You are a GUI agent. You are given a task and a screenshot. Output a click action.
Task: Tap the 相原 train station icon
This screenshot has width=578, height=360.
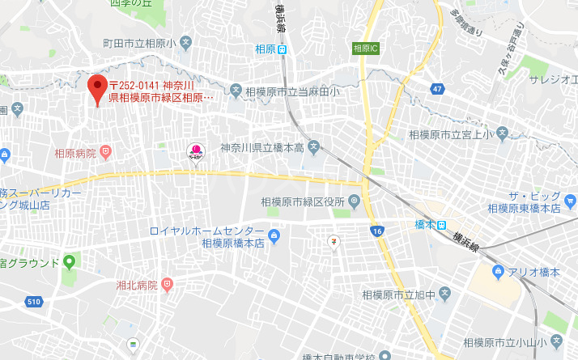point(282,49)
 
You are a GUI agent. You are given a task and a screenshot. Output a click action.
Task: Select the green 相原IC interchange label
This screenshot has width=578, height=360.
point(367,49)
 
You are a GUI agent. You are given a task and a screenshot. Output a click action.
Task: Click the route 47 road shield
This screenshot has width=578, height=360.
point(437,88)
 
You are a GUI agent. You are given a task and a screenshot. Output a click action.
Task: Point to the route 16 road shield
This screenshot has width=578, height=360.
point(378,231)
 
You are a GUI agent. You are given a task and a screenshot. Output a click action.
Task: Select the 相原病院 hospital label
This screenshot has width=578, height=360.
point(74,153)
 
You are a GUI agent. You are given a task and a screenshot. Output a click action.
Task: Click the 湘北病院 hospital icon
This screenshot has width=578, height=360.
point(168,285)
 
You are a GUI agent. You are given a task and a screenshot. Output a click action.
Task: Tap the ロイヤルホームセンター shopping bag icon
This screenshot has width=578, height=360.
point(274,237)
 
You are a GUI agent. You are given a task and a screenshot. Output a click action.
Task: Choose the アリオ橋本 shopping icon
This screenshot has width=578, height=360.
point(499,273)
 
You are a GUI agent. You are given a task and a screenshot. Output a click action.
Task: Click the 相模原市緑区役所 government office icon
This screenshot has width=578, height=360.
point(355,201)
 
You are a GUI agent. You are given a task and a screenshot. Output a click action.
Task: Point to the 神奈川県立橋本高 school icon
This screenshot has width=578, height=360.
point(314,148)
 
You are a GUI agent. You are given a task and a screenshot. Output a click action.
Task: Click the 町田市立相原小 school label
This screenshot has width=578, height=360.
point(138,42)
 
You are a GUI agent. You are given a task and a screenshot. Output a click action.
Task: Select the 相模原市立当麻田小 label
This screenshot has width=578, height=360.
point(293,91)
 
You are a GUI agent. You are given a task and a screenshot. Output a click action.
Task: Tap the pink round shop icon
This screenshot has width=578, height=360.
point(195,149)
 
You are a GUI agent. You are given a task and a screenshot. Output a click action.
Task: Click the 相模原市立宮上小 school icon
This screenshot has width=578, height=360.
point(502,133)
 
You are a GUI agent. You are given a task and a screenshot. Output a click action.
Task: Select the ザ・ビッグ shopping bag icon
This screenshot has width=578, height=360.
point(572,200)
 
